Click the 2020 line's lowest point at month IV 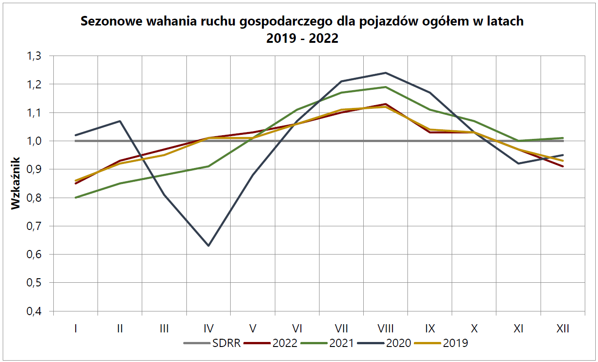tap(208, 246)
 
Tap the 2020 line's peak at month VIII tap(386, 73)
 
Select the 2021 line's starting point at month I tap(75, 198)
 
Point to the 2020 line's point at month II tap(119, 121)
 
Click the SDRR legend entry tap(212, 343)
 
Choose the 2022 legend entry tap(271, 343)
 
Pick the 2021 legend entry tap(327, 343)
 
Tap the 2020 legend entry tap(385, 343)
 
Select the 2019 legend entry tap(441, 343)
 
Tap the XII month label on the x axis tap(563, 328)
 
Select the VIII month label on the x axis tap(386, 328)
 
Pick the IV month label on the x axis tap(208, 328)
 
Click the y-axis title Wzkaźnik tap(16, 183)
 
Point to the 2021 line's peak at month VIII tap(386, 87)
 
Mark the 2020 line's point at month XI tap(518, 163)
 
